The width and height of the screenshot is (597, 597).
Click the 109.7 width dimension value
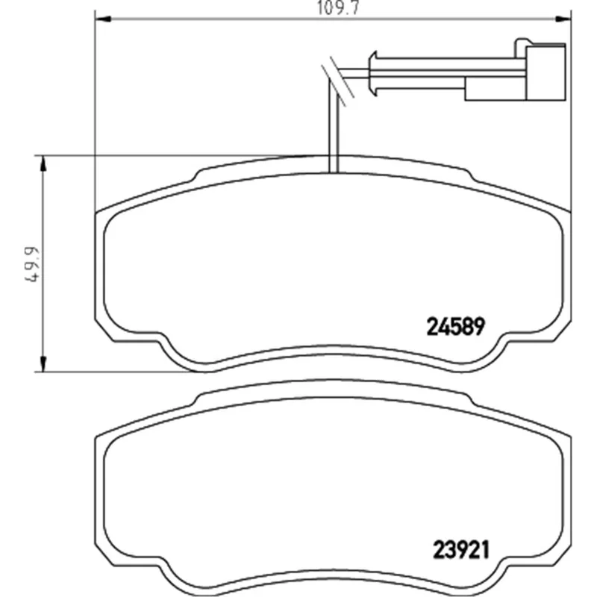pyautogui.click(x=338, y=8)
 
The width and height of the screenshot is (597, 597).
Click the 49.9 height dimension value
pyautogui.click(x=31, y=265)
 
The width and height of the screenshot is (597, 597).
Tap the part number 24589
pyautogui.click(x=456, y=327)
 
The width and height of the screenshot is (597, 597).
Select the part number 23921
pyautogui.click(x=460, y=550)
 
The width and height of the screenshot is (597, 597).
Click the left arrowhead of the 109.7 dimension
pyautogui.click(x=102, y=19)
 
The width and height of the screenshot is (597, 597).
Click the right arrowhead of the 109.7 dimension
pyautogui.click(x=563, y=19)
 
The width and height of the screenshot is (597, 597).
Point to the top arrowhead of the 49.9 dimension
pyautogui.click(x=43, y=163)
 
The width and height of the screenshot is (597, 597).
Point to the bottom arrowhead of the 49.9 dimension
pyautogui.click(x=43, y=363)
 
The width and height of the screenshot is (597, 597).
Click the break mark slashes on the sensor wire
pyautogui.click(x=338, y=81)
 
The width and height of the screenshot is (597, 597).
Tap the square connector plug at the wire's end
pyautogui.click(x=546, y=72)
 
